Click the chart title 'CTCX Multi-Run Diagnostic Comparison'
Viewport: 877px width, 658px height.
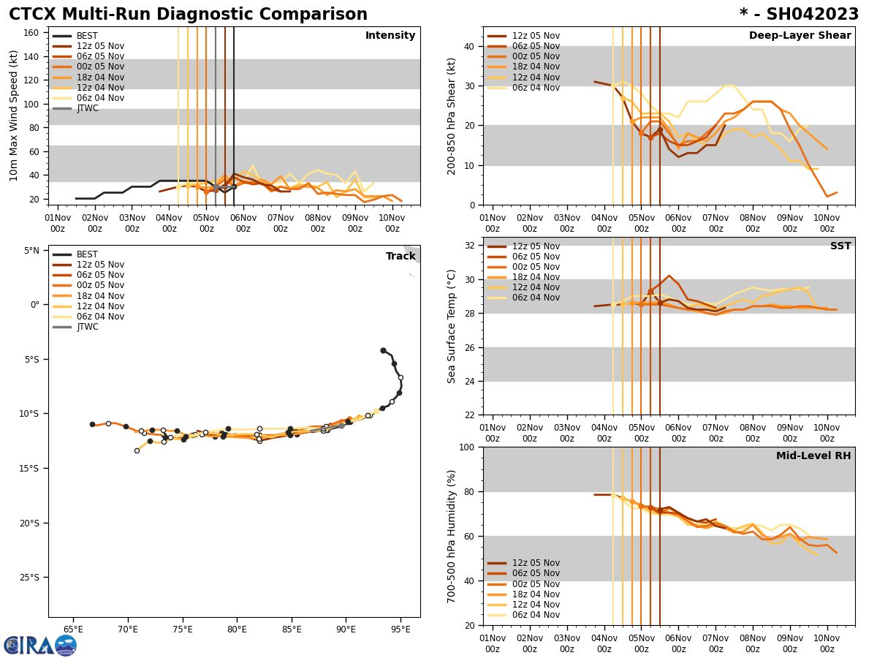point(188,15)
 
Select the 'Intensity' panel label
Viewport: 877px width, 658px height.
point(390,36)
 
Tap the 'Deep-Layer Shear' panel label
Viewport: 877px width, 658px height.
point(800,36)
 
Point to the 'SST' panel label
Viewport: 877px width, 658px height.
point(840,246)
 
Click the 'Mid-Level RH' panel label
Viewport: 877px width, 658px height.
point(813,456)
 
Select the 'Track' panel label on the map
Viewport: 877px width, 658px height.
point(400,257)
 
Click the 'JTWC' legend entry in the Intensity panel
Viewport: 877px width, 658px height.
point(87,109)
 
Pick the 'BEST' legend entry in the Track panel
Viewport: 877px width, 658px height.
point(87,254)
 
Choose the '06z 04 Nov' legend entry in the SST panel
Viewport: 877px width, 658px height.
point(535,298)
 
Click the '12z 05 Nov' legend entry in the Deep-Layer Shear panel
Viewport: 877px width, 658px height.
point(535,36)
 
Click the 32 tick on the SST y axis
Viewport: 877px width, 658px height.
point(471,246)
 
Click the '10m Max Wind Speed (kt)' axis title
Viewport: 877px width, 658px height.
point(14,116)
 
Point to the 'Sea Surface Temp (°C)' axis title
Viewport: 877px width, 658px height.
point(452,326)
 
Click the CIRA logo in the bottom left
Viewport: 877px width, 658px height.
point(39,646)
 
